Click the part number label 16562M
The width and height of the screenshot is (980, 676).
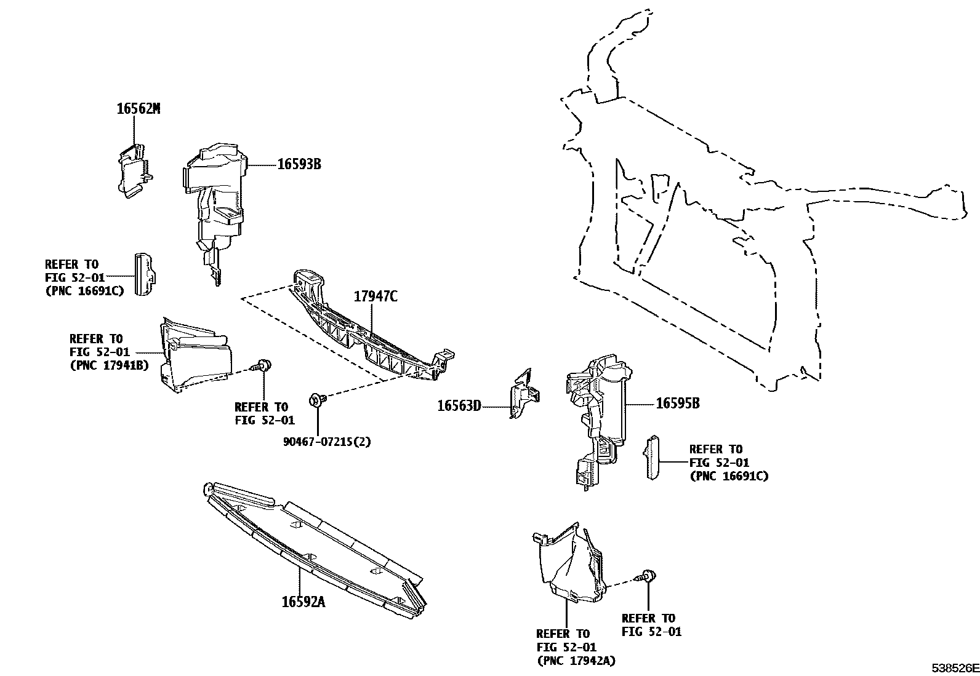click(x=139, y=109)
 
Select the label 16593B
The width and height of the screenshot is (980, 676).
click(x=299, y=165)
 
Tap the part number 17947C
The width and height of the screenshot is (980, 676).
click(x=376, y=296)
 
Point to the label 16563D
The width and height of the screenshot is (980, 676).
click(x=459, y=406)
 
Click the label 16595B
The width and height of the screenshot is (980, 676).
click(x=677, y=404)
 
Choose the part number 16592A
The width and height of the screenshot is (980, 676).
click(x=303, y=602)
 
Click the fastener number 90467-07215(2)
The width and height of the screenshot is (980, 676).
click(x=327, y=442)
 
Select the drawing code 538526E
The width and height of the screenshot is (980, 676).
click(x=954, y=667)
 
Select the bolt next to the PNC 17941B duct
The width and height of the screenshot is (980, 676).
click(x=263, y=366)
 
